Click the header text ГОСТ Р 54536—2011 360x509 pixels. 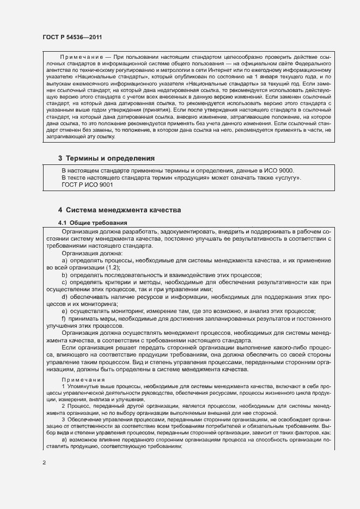tap(72, 37)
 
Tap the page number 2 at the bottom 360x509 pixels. tap(44, 463)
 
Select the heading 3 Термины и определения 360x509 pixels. tap(106, 158)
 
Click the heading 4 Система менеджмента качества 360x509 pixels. tap(119, 210)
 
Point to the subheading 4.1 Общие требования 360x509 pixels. tap(93, 223)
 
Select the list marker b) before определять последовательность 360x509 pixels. tap(64, 275)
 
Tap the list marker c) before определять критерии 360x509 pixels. tap(64, 283)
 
